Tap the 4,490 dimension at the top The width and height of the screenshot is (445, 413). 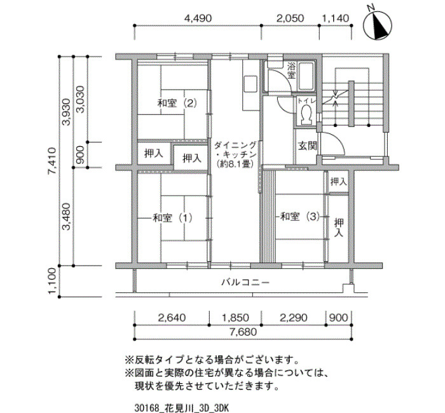198,18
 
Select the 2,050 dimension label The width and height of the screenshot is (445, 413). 290,18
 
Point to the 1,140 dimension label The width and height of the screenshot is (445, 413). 335,18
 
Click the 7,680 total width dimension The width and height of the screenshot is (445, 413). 243,332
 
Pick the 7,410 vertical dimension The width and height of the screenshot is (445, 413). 53,161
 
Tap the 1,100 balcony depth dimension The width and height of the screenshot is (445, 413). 53,281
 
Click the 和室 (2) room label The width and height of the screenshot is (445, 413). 177,103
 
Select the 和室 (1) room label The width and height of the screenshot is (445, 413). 172,218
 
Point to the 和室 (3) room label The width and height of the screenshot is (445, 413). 300,217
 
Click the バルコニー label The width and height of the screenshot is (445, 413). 245,283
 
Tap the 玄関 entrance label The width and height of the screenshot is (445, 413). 307,146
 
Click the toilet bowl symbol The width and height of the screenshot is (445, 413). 306,114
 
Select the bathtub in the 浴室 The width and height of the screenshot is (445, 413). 306,76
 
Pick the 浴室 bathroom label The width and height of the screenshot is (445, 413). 291,71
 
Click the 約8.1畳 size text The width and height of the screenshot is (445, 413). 235,164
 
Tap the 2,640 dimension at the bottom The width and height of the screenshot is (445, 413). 172,318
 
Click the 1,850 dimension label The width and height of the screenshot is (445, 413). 235,318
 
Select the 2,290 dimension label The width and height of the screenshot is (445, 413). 294,318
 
